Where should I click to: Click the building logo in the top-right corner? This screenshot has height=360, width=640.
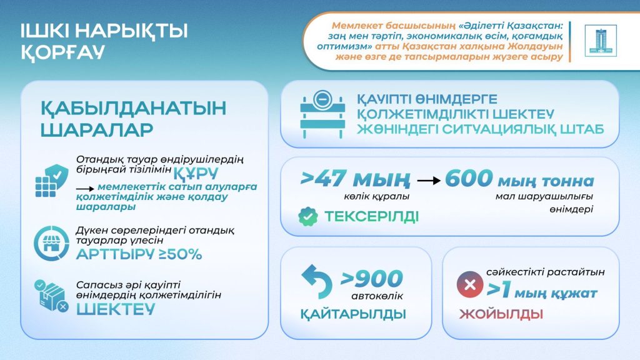pyautogui.click(x=600, y=41)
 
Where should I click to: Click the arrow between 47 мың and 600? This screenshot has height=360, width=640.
pyautogui.click(x=428, y=181)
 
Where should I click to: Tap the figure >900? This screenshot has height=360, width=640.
pyautogui.click(x=372, y=277)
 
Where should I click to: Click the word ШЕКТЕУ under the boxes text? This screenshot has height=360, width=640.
pyautogui.click(x=115, y=309)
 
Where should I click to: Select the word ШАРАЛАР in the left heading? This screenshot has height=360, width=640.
pyautogui.click(x=96, y=131)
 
